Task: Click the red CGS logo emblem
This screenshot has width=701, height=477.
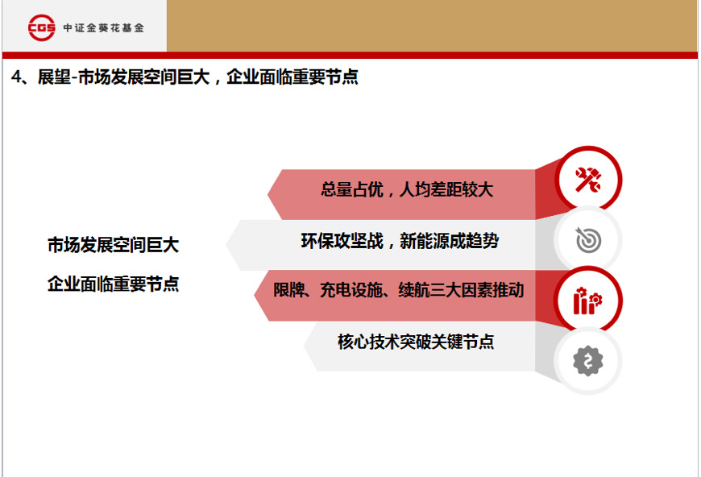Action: pyautogui.click(x=42, y=27)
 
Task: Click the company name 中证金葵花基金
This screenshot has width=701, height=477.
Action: pyautogui.click(x=104, y=27)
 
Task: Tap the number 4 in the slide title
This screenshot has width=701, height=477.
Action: pyautogui.click(x=16, y=77)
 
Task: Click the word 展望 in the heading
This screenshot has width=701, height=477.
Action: pyautogui.click(x=54, y=77)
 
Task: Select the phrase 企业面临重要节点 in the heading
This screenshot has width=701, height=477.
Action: pyautogui.click(x=292, y=77)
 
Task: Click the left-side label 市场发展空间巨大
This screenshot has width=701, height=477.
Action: pyautogui.click(x=113, y=245)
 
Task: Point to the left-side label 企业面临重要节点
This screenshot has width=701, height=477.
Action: pyautogui.click(x=113, y=284)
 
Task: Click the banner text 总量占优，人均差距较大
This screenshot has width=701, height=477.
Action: pyautogui.click(x=407, y=189)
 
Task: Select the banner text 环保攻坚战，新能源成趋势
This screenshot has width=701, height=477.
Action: pyautogui.click(x=400, y=241)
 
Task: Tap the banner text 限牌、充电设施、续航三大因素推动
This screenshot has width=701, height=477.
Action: pyautogui.click(x=399, y=290)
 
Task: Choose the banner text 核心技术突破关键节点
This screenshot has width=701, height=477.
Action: pyautogui.click(x=416, y=342)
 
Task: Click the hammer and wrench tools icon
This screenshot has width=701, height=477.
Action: pyautogui.click(x=588, y=180)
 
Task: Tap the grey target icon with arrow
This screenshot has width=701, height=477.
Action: pyautogui.click(x=588, y=240)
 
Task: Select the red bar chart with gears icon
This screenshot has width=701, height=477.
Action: pyautogui.click(x=588, y=301)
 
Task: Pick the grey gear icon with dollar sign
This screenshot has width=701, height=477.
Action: pyautogui.click(x=588, y=361)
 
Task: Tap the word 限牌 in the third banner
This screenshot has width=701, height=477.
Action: pyautogui.click(x=288, y=290)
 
